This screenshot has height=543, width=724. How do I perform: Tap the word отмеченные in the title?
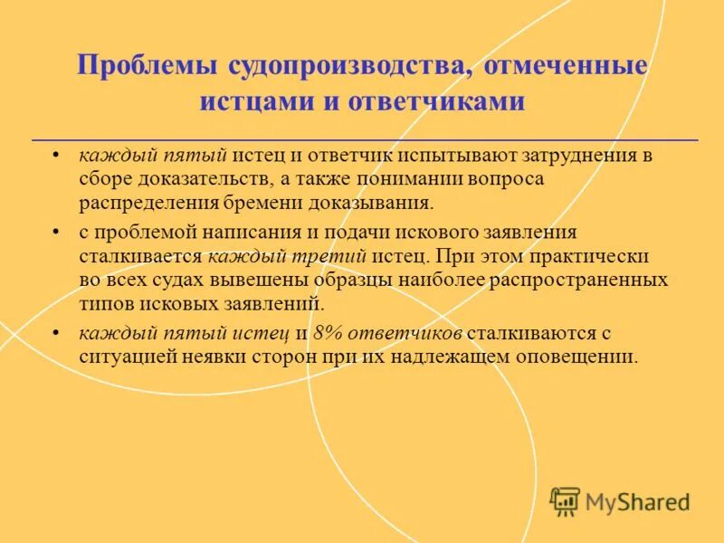[x=567, y=66]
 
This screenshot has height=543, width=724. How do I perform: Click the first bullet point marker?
[x=56, y=155]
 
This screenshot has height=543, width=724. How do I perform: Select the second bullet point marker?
[x=56, y=233]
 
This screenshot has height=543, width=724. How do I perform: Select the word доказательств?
[x=196, y=178]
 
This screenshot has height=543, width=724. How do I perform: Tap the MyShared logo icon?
[x=565, y=500]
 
